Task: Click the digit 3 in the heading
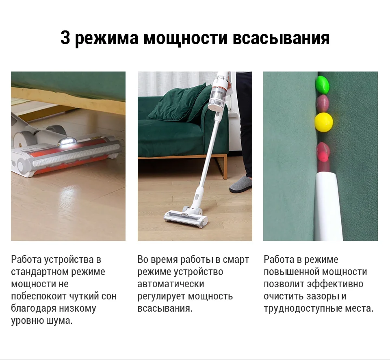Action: point(65,38)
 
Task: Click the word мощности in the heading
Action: point(186,38)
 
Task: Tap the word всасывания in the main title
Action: point(281,38)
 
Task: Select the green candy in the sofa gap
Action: point(322,85)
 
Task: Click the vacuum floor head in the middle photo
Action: point(186,217)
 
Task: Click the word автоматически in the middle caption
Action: point(171,284)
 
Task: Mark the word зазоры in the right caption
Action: point(322,297)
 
